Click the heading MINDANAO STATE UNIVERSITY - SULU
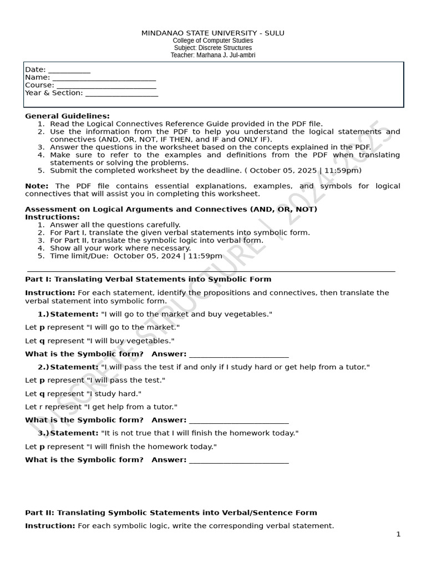(213, 33)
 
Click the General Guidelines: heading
(67, 116)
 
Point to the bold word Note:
(37, 186)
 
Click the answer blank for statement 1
(239, 354)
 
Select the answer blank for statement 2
(239, 420)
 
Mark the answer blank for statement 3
(239, 460)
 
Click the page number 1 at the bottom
(398, 534)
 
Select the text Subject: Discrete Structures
(213, 48)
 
